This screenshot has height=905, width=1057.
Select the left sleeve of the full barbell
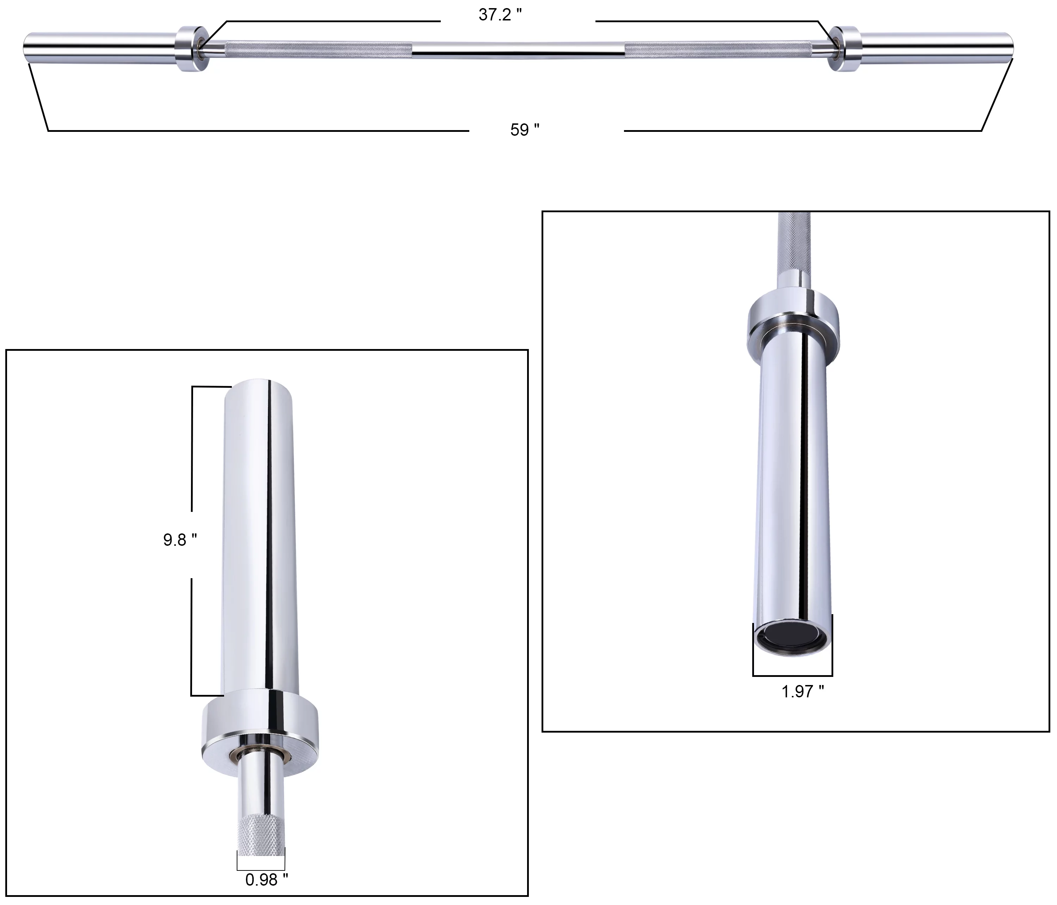coord(99,48)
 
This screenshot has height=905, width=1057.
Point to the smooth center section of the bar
coord(518,49)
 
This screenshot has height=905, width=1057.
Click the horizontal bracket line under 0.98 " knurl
coord(261,870)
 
